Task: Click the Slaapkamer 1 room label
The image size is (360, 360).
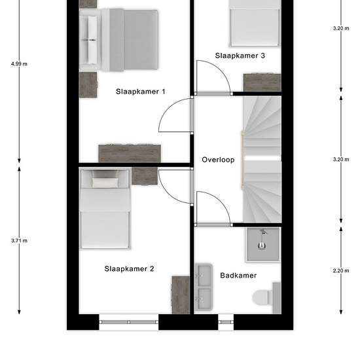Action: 140,92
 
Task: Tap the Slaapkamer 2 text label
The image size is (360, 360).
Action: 129,268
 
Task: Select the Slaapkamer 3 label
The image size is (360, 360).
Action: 240,56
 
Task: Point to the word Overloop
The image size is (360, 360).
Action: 218,160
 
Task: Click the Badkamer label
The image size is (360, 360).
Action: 238,276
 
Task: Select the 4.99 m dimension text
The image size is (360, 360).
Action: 19,64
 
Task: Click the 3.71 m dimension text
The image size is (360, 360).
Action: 19,241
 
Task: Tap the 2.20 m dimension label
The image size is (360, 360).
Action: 341,271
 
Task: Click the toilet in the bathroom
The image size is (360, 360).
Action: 266,298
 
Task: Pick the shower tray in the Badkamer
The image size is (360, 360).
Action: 263,245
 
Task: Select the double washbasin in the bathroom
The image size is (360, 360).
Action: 204,287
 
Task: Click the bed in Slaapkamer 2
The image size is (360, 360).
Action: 105,208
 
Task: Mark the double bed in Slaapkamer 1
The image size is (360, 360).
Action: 118,40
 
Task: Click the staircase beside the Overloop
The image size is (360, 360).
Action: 262,159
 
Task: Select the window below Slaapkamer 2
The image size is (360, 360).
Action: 129,322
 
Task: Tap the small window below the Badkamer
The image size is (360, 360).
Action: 226,322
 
